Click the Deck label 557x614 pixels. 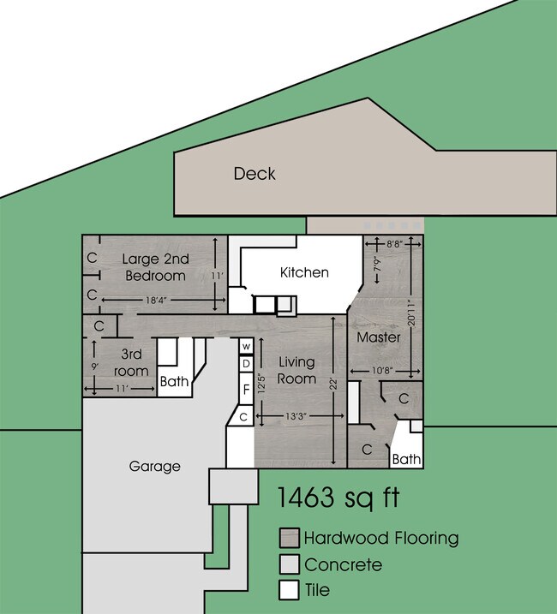tap(255, 174)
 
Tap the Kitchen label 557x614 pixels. tap(304, 272)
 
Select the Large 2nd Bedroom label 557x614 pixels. tap(154, 267)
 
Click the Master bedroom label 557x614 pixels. tap(379, 337)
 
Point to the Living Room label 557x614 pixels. tap(296, 371)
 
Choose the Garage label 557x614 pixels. tap(154, 467)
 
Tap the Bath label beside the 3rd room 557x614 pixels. tap(174, 382)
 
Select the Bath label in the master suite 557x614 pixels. tap(406, 459)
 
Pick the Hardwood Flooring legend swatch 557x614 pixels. tap(290, 539)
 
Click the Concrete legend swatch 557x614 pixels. tap(290, 565)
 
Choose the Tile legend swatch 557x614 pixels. tap(290, 591)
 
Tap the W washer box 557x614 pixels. tap(246, 346)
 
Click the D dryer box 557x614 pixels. tap(246, 363)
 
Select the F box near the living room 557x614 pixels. tap(246, 388)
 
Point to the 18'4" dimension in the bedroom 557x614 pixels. tap(155, 300)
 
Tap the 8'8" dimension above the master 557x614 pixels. tap(394, 244)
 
